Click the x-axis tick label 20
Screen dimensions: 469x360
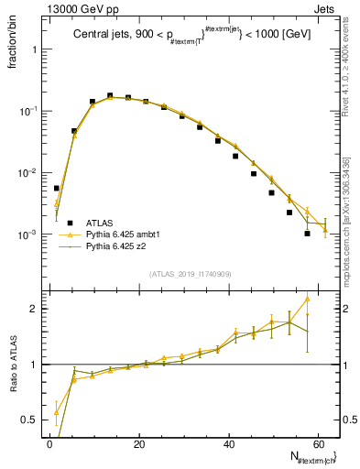pos(139,443)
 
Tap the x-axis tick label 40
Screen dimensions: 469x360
pos(229,443)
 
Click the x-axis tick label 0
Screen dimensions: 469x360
pos(49,443)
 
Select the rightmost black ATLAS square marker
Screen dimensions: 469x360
pos(307,234)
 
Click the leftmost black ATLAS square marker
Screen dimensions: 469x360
pos(57,188)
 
